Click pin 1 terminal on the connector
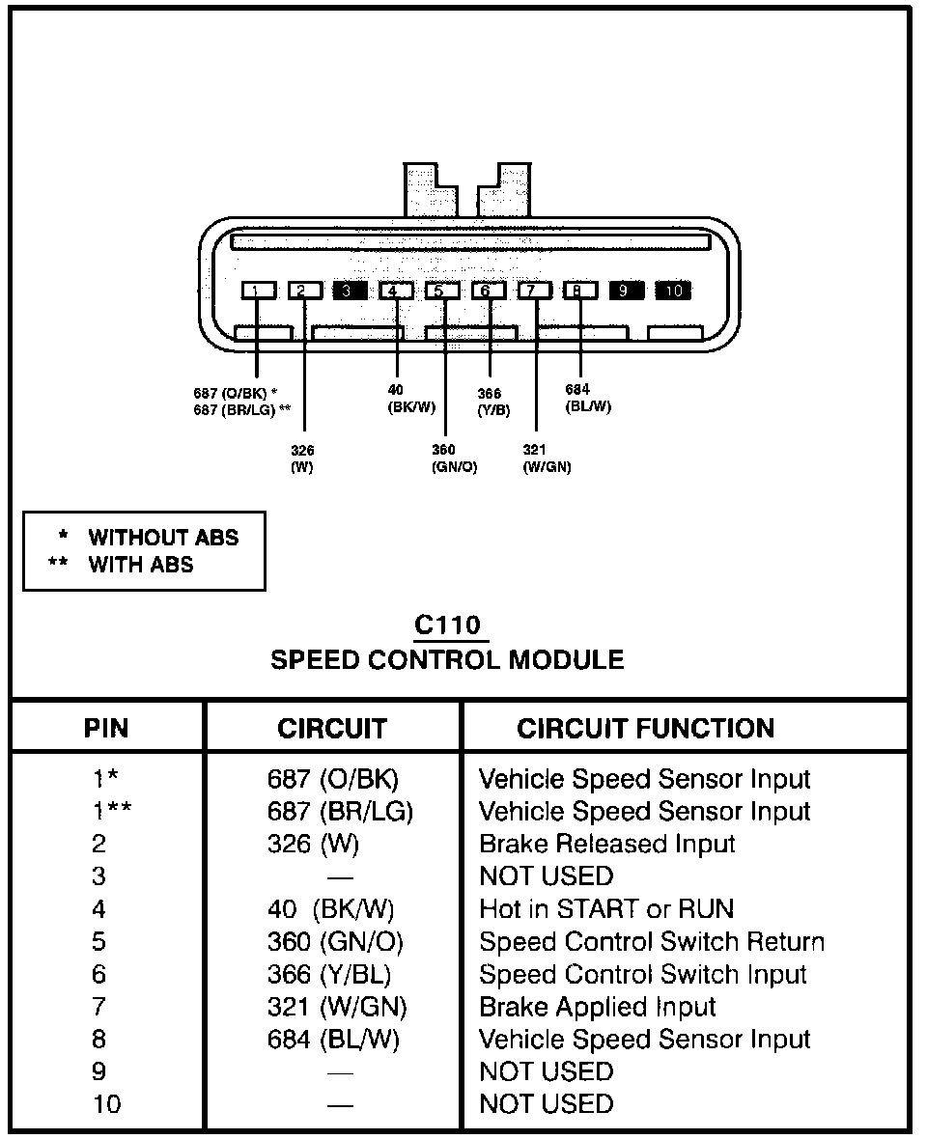258,291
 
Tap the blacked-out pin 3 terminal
350,291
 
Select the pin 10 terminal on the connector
673,291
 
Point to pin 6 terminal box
489,291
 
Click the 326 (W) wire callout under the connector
302,458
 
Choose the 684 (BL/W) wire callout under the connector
588,398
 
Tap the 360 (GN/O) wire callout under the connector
454,458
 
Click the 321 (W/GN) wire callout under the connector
548,458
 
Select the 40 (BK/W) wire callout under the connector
411,399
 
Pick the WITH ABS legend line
122,565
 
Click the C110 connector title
447,625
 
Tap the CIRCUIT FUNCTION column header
646,729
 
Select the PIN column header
106,729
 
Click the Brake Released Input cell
607,844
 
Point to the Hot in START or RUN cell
606,908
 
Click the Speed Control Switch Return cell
652,941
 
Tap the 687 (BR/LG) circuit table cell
340,812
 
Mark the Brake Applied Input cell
597,1007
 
